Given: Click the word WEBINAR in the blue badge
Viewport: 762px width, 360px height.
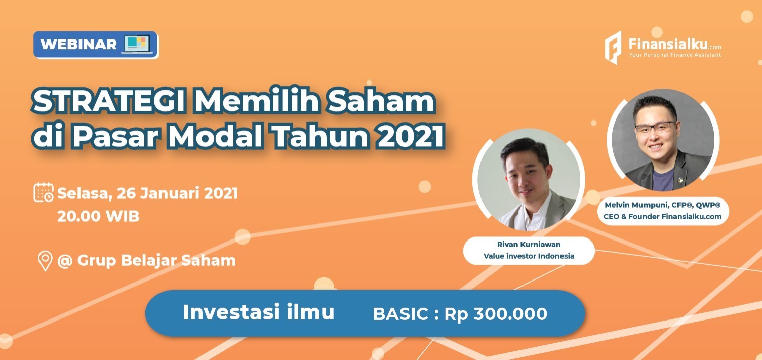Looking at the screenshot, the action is click(78, 44).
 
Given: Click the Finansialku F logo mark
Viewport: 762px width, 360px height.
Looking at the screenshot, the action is click(613, 48).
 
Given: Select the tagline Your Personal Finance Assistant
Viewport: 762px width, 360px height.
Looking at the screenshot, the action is click(675, 55).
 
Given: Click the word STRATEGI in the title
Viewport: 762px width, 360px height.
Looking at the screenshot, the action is click(109, 101).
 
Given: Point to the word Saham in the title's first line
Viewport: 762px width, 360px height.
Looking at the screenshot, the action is click(381, 101).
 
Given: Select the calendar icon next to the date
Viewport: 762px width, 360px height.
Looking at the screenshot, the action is click(44, 192).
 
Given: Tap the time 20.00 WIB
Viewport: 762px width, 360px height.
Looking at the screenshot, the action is click(98, 216).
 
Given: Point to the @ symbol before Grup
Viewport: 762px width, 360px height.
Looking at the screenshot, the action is click(65, 261).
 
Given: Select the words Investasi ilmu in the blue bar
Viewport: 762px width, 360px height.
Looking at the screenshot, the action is click(259, 312).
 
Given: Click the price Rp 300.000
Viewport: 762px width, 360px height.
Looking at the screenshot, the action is click(496, 314).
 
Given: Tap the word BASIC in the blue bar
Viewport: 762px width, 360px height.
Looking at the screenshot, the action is click(400, 314).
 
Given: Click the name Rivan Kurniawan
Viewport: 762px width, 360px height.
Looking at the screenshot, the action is click(529, 245).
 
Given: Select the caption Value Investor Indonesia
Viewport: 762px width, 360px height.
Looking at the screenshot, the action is click(529, 256).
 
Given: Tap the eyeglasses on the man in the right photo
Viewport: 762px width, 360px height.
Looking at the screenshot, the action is click(655, 127).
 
